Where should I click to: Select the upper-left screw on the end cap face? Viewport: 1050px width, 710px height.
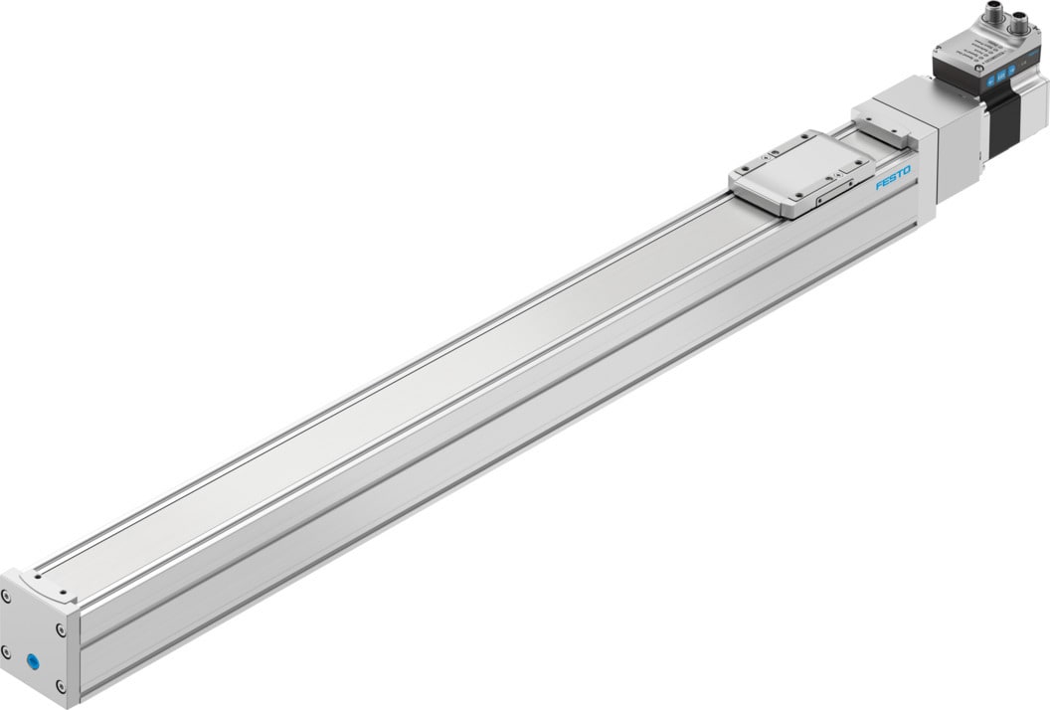pos(7,596)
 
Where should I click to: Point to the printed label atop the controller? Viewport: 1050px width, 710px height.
pos(980,50)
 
